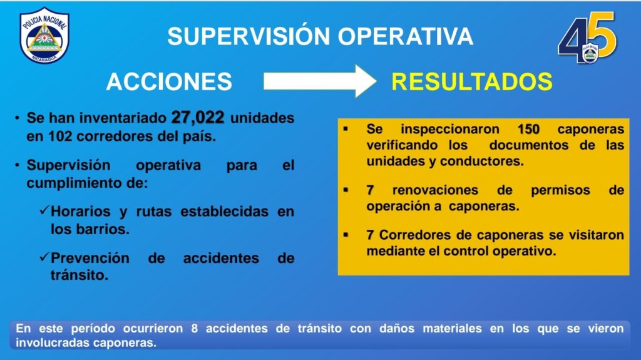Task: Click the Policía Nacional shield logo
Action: coord(44,36)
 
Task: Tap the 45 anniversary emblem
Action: coord(587,38)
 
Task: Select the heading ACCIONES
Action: coord(169,81)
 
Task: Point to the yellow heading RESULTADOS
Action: coord(472,81)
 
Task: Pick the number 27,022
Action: coord(198,118)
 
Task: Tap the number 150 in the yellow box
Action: coord(528,129)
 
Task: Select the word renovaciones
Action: coord(435,190)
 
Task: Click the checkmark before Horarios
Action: coord(44,211)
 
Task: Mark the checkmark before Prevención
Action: coord(44,257)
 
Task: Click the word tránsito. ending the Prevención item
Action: coord(79,275)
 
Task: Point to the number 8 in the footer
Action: coord(195,329)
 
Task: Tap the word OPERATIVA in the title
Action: coord(406,36)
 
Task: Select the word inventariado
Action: coord(123,118)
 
